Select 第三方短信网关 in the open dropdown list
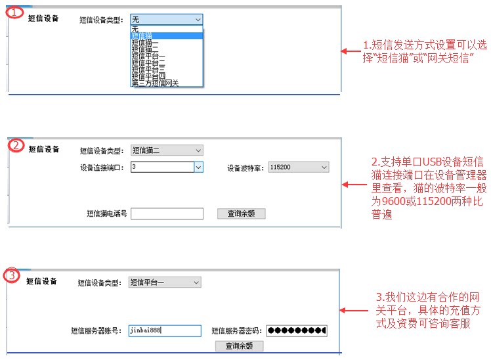coord(156,83)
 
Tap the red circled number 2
coord(16,145)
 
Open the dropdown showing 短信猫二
coord(166,150)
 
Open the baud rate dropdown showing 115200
coord(298,168)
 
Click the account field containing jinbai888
coord(164,330)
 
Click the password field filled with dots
coord(297,330)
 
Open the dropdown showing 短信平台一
coord(164,282)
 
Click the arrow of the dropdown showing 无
coord(198,20)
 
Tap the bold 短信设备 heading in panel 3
coord(42,281)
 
